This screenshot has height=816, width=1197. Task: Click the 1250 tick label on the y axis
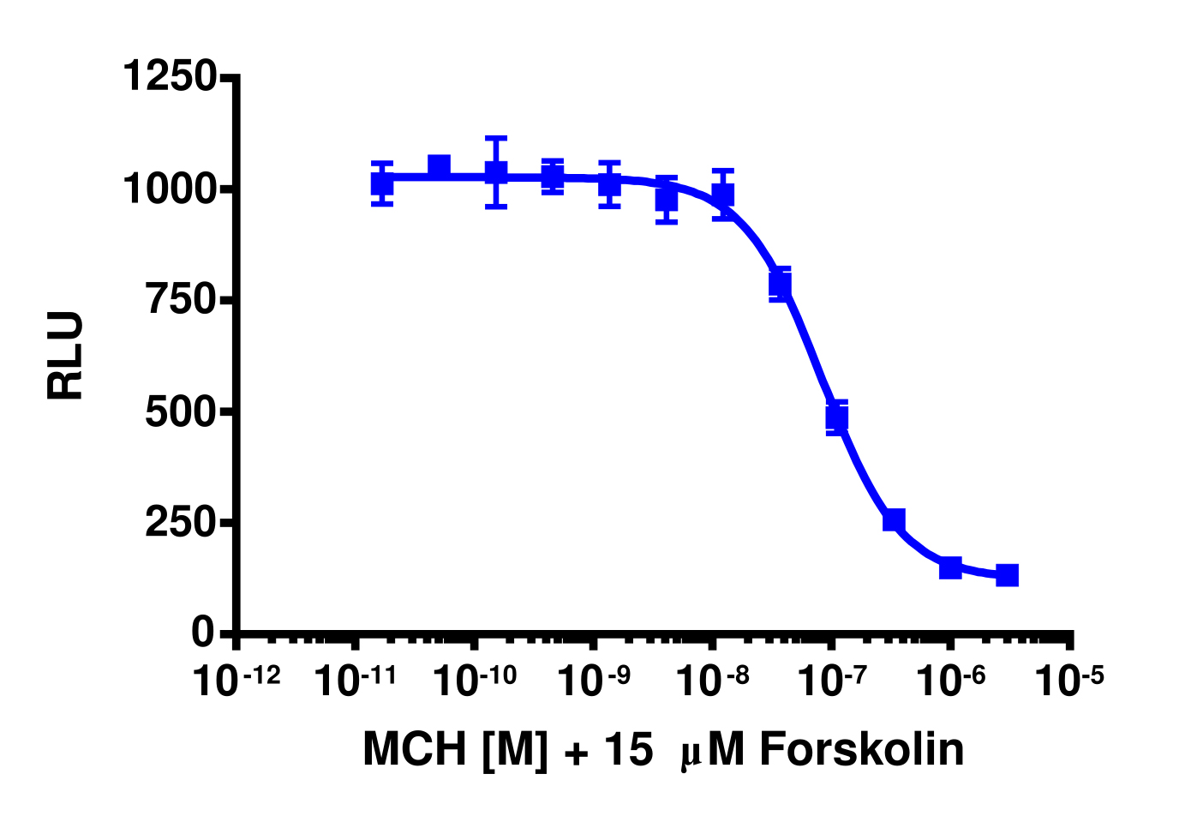click(x=169, y=76)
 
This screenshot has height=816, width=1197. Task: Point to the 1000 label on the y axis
click(x=169, y=189)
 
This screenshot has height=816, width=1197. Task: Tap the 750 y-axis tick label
click(x=180, y=300)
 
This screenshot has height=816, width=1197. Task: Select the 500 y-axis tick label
click(x=180, y=412)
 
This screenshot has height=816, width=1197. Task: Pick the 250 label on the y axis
click(x=180, y=523)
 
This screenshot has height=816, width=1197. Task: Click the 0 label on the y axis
click(x=203, y=633)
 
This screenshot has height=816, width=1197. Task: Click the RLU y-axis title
click(x=66, y=356)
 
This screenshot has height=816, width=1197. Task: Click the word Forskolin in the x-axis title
click(x=861, y=749)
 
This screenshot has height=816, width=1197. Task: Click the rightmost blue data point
click(x=1007, y=574)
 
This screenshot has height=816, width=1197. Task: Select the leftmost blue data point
click(x=382, y=183)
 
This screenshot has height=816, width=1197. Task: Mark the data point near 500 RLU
click(x=836, y=417)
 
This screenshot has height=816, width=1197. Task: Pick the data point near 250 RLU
click(x=894, y=519)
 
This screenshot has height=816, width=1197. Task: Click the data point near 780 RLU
click(x=780, y=283)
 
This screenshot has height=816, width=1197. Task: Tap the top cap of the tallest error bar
click(x=495, y=137)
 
